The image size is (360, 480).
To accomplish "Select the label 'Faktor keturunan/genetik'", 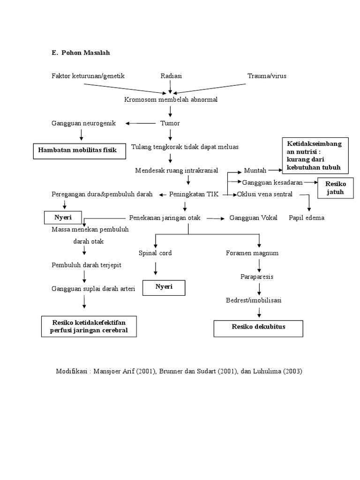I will coord(88,76).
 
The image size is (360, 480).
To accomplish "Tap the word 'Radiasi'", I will coord(171,76).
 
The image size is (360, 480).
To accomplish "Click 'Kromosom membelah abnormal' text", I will coord(171,100).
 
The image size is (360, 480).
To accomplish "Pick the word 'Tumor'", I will coord(171,123).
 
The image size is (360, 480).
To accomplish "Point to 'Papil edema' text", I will coord(307,218).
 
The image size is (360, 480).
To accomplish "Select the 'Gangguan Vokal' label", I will coord(253,218).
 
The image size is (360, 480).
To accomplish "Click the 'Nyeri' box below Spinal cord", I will coord(164,287).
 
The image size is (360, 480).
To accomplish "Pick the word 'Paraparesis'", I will coord(257,277).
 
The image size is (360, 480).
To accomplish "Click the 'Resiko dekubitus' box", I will coord(258,327).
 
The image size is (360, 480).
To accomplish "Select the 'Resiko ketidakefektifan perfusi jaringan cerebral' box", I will coord(89,327).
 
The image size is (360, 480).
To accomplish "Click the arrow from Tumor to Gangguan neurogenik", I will coord(140,123).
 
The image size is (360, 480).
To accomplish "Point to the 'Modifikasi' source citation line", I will coord(179,371).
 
